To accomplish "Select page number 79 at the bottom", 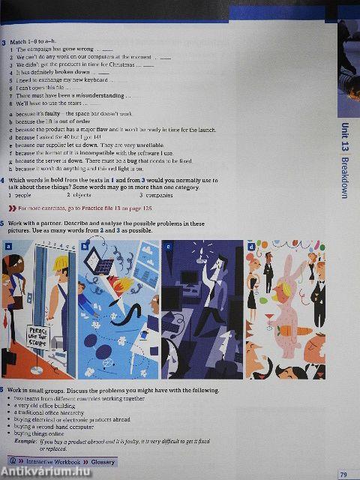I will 343,473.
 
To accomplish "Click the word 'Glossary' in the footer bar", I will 99,462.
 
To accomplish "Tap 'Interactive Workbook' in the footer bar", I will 47,462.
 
